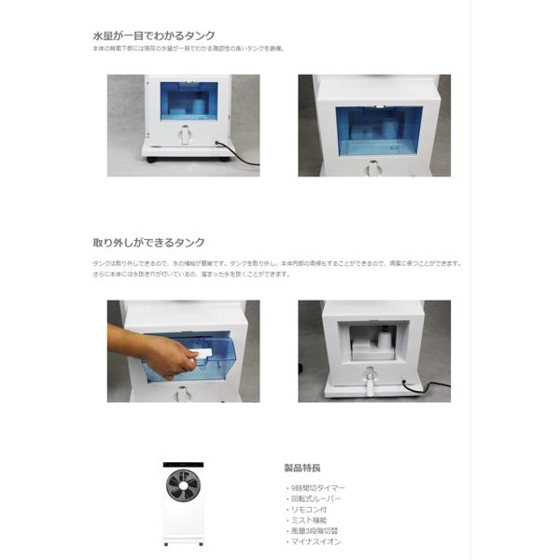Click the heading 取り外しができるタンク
pyautogui.click(x=148, y=243)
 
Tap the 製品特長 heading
pyautogui.click(x=301, y=468)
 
